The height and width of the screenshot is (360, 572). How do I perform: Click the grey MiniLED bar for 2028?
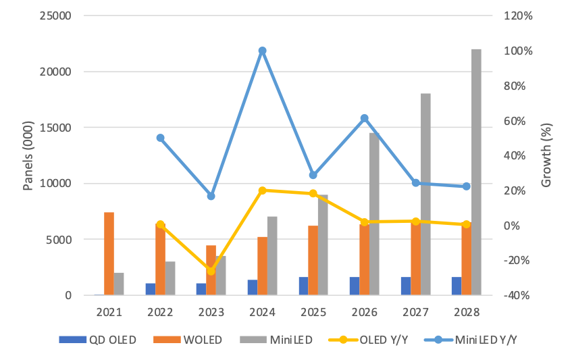[x=476, y=172]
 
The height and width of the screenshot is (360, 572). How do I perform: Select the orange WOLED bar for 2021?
[x=109, y=253]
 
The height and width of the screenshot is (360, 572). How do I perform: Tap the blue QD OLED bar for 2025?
[x=303, y=286]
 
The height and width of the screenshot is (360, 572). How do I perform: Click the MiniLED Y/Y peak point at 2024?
[x=262, y=51]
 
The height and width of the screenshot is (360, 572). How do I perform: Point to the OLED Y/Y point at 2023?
[x=211, y=271]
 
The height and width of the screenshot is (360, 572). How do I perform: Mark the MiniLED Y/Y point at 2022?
[x=160, y=138]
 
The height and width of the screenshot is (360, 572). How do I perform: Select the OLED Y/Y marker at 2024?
[x=262, y=190]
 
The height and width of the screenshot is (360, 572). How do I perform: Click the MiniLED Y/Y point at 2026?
[x=364, y=118]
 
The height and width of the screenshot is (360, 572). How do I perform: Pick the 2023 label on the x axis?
[x=211, y=312]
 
